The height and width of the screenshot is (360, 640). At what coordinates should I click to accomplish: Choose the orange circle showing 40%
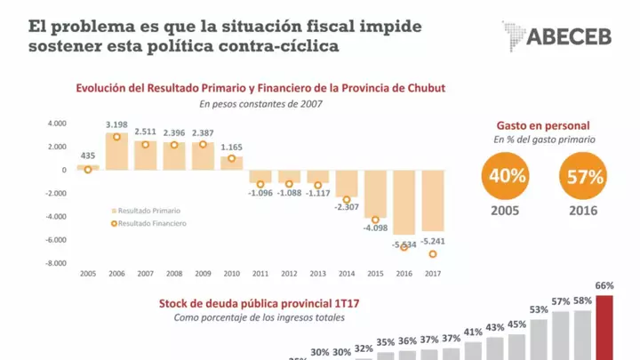coord(506,176)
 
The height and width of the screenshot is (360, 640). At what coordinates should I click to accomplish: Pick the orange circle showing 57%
coord(583,176)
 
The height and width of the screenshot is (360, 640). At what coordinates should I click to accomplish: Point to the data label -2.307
coord(347,207)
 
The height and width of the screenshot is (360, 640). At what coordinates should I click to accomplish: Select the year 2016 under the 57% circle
coord(583,211)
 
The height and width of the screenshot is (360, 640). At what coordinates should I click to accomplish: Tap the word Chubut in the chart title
coord(422,88)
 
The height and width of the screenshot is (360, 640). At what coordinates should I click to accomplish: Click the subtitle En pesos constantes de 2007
coord(260,105)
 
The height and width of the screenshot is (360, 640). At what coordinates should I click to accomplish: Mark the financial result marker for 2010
coord(232,158)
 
